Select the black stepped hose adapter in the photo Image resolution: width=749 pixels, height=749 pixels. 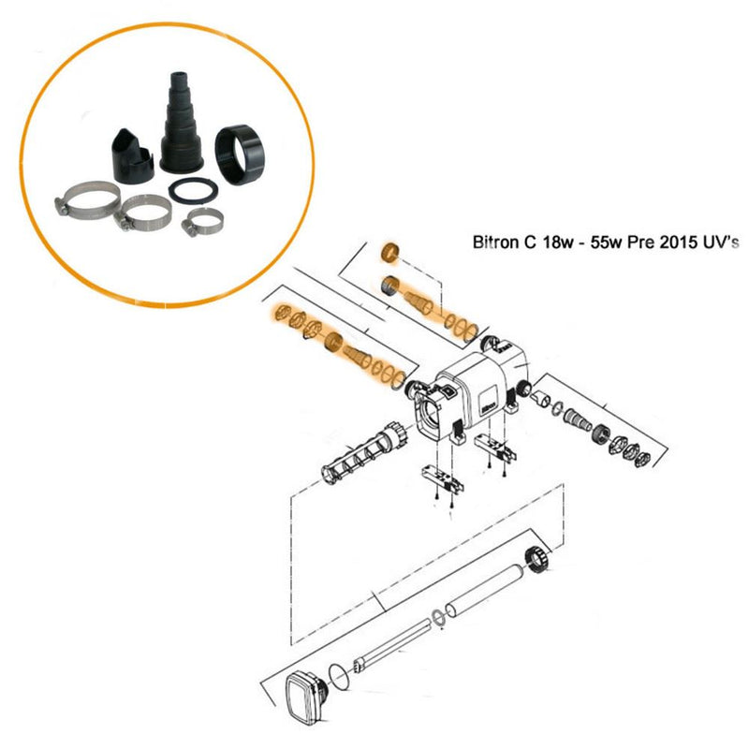pos(182,124)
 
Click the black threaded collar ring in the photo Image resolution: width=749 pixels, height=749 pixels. pos(238,154)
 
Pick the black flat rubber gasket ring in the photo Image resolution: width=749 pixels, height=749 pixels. pos(194,191)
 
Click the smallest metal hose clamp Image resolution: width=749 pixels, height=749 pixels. pos(202,221)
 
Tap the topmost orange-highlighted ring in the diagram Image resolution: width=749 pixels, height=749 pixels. pos(390,252)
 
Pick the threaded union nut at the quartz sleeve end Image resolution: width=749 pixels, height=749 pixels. pos(538,558)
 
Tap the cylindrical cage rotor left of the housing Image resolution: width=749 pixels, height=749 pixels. pos(363,450)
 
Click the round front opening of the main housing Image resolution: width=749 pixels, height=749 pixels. pos(433,409)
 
